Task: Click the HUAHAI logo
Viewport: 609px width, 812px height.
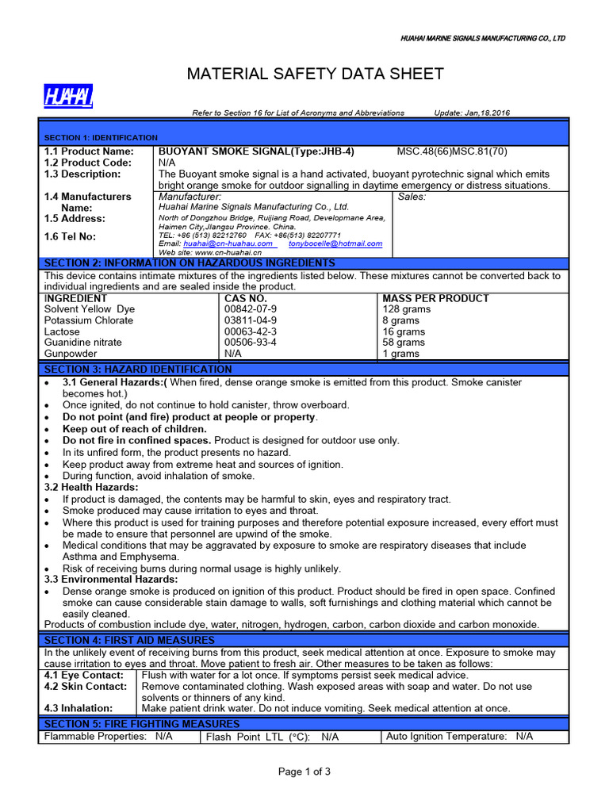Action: (68, 97)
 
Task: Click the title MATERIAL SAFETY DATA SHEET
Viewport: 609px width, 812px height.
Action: (315, 75)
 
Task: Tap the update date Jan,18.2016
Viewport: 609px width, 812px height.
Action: (472, 113)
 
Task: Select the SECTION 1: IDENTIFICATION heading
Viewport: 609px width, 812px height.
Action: (101, 137)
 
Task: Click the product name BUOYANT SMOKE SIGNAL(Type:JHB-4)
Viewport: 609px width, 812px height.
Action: (256, 151)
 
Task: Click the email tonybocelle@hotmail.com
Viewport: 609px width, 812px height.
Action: (335, 243)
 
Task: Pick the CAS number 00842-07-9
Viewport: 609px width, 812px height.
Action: (251, 309)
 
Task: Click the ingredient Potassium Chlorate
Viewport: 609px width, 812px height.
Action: (82, 320)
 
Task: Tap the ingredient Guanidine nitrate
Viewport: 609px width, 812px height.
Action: (83, 343)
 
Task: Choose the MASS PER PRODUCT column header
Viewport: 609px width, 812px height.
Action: (435, 298)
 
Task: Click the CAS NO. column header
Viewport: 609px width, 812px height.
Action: (247, 298)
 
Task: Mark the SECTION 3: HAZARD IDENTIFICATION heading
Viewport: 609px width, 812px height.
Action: (138, 370)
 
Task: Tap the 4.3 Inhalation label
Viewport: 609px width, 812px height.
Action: (79, 708)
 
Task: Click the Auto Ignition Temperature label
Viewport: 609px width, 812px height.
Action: (446, 737)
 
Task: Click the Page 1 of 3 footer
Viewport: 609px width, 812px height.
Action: (304, 772)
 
